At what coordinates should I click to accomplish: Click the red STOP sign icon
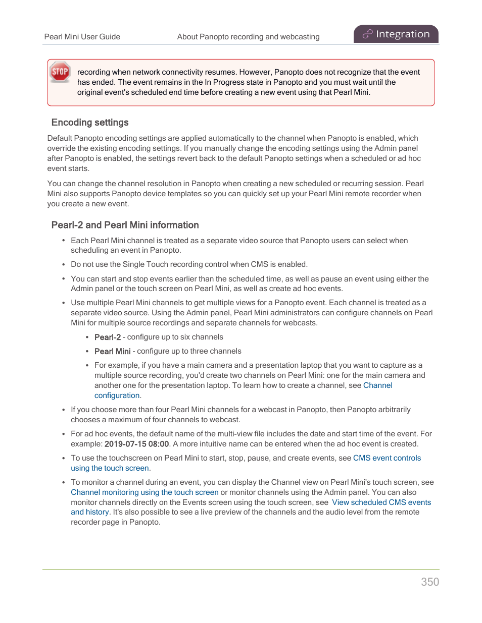60,72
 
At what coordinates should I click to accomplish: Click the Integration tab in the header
396,34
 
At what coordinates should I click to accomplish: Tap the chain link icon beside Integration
367,34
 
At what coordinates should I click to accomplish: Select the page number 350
430,582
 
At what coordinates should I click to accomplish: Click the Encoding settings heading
90,123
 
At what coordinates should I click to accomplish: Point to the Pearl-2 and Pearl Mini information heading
125,225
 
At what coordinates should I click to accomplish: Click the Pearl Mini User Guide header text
82,37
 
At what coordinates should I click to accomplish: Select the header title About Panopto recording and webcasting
248,37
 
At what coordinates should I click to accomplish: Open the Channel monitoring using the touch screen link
144,492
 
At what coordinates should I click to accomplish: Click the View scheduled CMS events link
381,502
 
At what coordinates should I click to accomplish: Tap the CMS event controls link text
387,458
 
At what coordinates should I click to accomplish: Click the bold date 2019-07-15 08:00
136,444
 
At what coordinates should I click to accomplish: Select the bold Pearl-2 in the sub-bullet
108,337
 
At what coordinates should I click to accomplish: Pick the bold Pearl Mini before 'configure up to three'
112,351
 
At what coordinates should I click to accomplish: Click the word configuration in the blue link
117,395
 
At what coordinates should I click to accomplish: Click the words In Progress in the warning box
225,82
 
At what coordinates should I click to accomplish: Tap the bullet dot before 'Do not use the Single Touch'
63,264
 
